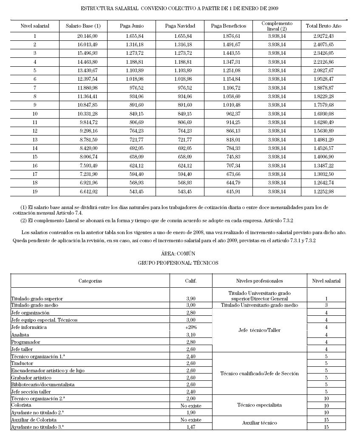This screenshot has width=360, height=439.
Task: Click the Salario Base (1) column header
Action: [x=83, y=26]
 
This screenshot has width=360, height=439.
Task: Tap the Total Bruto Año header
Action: [x=323, y=26]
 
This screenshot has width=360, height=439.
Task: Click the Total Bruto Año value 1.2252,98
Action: [x=323, y=192]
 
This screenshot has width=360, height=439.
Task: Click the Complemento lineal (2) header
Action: [x=277, y=26]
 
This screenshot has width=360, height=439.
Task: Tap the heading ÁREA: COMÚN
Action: [x=178, y=254]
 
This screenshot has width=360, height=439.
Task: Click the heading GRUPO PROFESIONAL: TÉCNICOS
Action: [x=178, y=263]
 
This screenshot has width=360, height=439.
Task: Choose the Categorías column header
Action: [x=90, y=281]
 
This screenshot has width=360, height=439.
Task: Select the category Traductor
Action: [x=22, y=363]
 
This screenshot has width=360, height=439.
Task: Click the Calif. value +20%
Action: [x=191, y=327]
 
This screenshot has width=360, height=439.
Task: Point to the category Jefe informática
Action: [x=29, y=327]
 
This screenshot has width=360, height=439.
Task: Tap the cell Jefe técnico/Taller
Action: [x=259, y=330]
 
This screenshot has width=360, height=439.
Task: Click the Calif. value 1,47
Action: [x=191, y=427]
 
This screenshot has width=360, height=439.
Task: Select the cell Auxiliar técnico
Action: [x=259, y=423]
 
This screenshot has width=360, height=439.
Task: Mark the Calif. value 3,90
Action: [x=191, y=299]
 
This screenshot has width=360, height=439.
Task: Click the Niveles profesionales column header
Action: [x=259, y=281]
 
